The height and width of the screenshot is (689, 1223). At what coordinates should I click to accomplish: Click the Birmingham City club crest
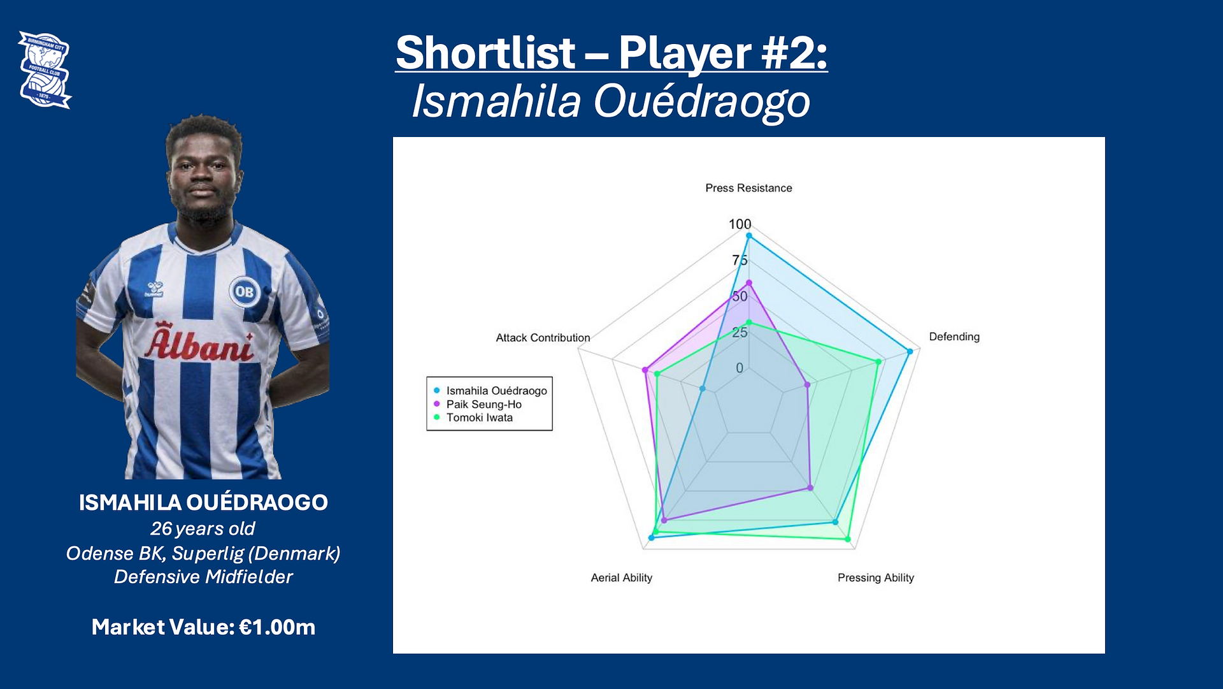click(45, 70)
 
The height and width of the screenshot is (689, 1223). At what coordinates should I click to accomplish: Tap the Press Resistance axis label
click(748, 188)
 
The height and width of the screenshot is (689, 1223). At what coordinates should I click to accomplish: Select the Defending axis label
click(954, 337)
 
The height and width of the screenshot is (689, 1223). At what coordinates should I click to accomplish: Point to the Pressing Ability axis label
click(876, 577)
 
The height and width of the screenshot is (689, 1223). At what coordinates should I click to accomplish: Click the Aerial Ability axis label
click(622, 577)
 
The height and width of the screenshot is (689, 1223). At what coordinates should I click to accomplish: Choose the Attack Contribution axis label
click(543, 338)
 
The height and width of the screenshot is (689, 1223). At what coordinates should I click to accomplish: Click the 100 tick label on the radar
click(740, 224)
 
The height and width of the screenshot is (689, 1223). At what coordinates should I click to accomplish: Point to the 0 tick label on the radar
click(740, 368)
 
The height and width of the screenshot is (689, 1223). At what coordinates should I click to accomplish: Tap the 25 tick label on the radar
click(740, 332)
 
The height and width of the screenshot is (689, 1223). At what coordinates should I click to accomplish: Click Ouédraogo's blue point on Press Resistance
click(749, 236)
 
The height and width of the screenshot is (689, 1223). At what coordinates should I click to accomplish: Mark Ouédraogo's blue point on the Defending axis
click(910, 351)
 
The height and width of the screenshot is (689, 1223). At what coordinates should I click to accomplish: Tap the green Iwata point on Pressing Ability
click(848, 539)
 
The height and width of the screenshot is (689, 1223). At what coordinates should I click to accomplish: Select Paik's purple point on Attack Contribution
click(645, 370)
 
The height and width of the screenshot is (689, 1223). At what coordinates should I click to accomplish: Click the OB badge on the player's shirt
click(245, 291)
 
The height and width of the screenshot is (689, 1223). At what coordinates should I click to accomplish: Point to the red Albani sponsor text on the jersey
click(199, 343)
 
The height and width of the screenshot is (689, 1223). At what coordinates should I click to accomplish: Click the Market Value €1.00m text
click(203, 627)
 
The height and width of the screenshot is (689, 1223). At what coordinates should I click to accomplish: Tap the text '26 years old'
click(203, 528)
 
